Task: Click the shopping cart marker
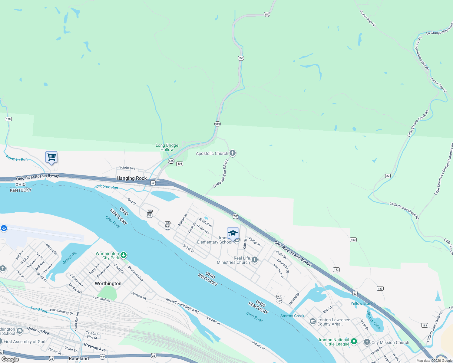tap(51, 157)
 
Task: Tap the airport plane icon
tap(4, 228)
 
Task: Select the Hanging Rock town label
tap(132, 178)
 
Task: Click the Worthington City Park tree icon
tap(124, 255)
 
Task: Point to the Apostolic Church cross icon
tap(233, 153)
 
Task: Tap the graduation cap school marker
tap(233, 234)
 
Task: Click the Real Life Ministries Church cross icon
tap(255, 260)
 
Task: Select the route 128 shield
tap(8, 119)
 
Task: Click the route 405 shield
tap(180, 164)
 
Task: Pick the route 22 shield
tap(388, 176)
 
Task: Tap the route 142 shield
tap(336, 270)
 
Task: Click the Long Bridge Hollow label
tap(167, 147)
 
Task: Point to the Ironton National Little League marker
tap(354, 341)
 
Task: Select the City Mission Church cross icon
tap(367, 342)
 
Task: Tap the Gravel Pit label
tap(70, 258)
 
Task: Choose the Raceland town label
tap(79, 358)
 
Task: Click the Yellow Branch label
tap(363, 303)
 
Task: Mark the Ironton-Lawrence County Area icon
tap(312, 321)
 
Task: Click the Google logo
tap(10, 359)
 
